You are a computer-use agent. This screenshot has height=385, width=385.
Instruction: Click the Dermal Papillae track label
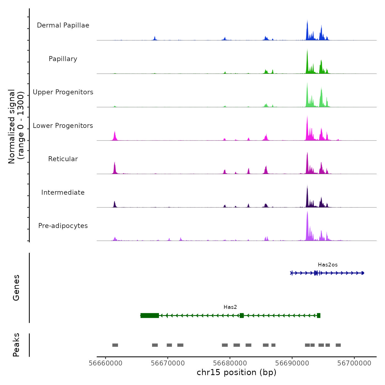coord(63,25)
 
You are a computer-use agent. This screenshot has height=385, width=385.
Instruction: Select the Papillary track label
coord(63,59)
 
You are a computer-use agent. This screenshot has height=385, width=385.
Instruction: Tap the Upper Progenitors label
coord(63,92)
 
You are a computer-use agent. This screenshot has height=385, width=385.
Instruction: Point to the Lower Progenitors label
coord(63,126)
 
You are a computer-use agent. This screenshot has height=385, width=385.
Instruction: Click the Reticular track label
coord(63,159)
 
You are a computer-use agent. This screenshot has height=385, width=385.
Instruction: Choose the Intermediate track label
coord(63,193)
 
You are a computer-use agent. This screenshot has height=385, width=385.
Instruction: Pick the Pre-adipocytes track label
coord(63,226)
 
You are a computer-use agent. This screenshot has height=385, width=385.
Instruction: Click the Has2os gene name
coord(328,265)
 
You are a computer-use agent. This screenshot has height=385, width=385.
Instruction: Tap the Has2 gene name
coord(230,307)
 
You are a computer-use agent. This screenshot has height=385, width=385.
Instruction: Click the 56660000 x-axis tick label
coord(106,363)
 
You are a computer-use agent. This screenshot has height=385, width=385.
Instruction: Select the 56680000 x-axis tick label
coord(230,363)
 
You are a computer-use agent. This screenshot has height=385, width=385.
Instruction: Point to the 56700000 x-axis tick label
coord(354,363)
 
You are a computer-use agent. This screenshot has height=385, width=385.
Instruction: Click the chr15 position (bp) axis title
coord(237,372)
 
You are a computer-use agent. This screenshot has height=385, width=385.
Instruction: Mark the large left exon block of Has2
coord(150,315)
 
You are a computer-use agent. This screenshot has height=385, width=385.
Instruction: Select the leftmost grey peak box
coord(115,345)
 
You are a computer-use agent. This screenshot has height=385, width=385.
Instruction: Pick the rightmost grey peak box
coord(338,345)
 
